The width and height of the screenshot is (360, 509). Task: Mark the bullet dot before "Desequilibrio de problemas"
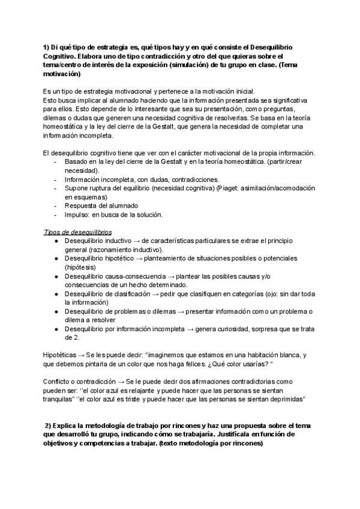[x=55, y=312]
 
